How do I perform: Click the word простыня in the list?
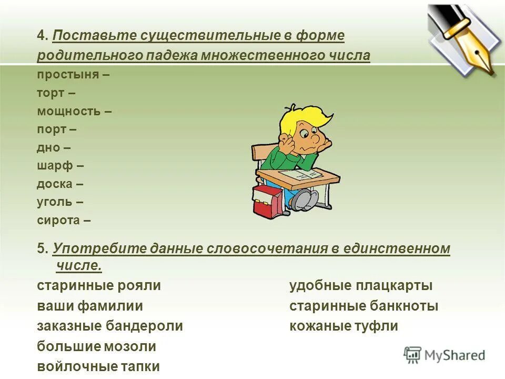pyautogui.click(x=68, y=74)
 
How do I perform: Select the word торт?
pyautogui.click(x=50, y=93)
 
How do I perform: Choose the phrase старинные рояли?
pyautogui.click(x=99, y=286)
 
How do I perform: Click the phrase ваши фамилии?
pyautogui.click(x=90, y=306)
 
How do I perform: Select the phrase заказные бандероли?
pyautogui.click(x=110, y=326)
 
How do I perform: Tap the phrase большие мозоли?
pyautogui.click(x=97, y=346)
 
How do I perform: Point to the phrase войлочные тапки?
pyautogui.click(x=98, y=366)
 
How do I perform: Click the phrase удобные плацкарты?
pyautogui.click(x=361, y=286)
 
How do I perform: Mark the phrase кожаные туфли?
pyautogui.click(x=344, y=326)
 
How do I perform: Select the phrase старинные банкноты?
pyautogui.click(x=363, y=306)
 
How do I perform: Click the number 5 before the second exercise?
pyautogui.click(x=42, y=248)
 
